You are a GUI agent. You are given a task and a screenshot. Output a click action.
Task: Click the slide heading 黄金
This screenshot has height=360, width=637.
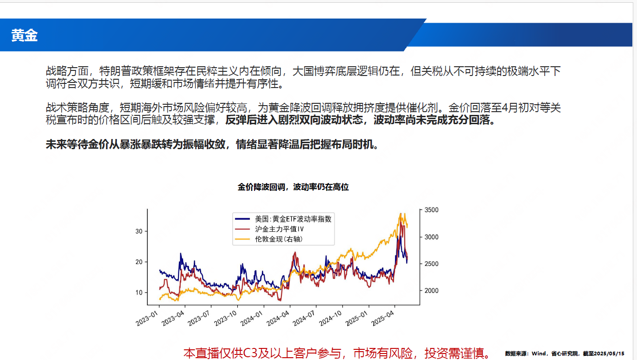tap(25, 36)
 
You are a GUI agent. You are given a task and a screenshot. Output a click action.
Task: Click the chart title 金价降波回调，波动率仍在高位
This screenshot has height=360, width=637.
tap(293, 187)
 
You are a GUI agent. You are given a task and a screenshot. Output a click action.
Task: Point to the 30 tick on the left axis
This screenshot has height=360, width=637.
tap(139, 231)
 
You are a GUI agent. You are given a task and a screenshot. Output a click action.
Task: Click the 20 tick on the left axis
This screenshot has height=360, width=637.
tap(139, 262)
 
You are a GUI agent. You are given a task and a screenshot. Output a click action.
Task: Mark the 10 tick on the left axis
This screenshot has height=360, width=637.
tap(139, 292)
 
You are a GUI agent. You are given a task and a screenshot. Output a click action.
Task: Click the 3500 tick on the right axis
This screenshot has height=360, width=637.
tap(432, 210)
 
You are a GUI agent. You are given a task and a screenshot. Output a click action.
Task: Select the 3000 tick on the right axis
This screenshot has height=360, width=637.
tap(432, 237)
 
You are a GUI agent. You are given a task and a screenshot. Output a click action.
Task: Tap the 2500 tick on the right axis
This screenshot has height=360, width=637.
tap(432, 264)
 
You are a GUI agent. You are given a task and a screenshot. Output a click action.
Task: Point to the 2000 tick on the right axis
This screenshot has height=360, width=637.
tap(432, 291)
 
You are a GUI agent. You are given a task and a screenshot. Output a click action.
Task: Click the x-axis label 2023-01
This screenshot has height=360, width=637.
tap(147, 318)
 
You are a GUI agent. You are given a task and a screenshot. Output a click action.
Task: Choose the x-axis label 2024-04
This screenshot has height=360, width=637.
tap(278, 318)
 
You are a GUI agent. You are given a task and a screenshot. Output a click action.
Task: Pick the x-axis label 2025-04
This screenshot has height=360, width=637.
tap(383, 318)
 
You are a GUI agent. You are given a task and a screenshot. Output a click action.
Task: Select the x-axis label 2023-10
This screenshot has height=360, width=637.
tap(225, 318)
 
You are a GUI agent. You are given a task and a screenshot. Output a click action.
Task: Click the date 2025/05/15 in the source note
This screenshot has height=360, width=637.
tap(609, 354)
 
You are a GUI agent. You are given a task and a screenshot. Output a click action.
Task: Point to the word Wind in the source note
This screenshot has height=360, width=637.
tap(539, 354)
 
